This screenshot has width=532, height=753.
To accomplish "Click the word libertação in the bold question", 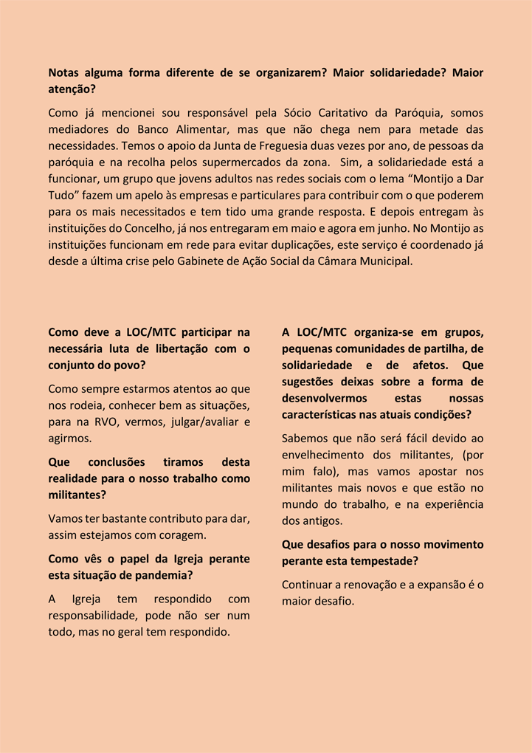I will [x=188, y=348].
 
